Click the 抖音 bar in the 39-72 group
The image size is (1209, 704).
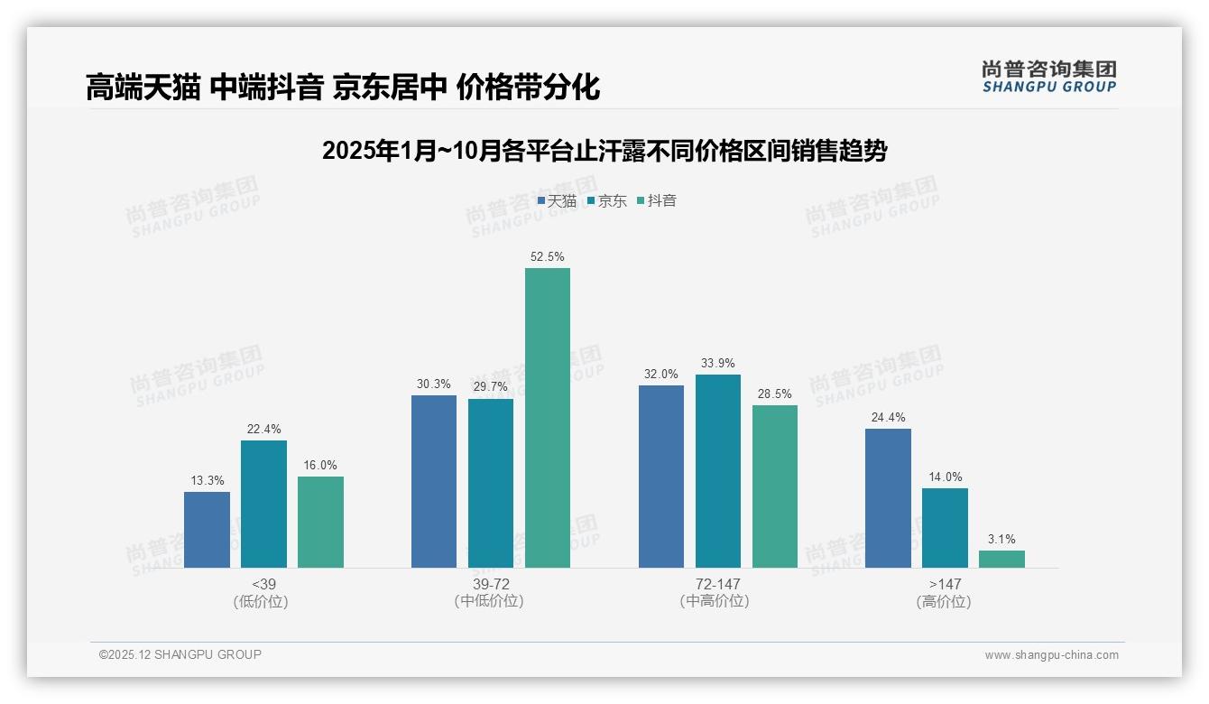pos(548,418)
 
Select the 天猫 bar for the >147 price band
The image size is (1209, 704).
pos(888,498)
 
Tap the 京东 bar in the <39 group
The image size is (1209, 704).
pos(263,504)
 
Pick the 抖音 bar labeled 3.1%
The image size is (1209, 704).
pos(1001,559)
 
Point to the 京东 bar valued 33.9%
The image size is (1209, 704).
pos(718,471)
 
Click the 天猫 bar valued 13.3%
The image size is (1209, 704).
pos(207,530)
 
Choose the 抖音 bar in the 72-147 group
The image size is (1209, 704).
pos(775,486)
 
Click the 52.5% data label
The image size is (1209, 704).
pos(548,257)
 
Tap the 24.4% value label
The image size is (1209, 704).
pos(888,418)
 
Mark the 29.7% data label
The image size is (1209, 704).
pos(491,387)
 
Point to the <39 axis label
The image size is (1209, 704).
pos(263,584)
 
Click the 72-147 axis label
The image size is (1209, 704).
pos(718,584)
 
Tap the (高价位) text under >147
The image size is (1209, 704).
pos(945,601)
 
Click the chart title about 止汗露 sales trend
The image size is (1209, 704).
pos(604,151)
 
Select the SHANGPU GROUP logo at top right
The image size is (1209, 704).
pos(1049,77)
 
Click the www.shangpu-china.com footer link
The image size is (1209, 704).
pos(1051,655)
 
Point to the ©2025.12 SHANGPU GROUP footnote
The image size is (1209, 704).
pos(180,654)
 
